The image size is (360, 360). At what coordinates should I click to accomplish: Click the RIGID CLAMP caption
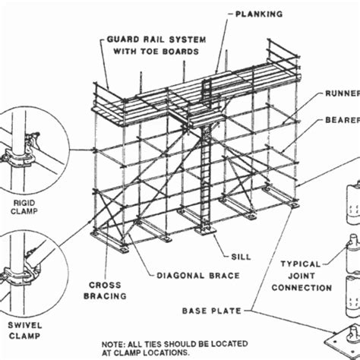pos(25,207)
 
